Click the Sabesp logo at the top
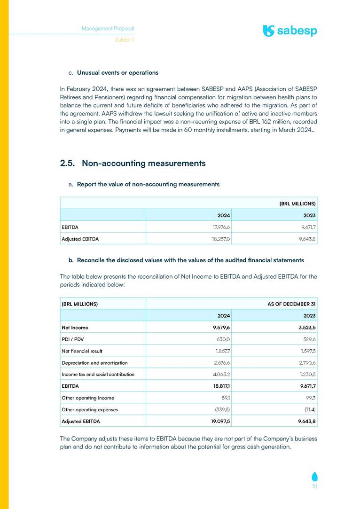[x=290, y=31]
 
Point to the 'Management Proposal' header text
[x=108, y=28]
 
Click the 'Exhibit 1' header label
[x=125, y=40]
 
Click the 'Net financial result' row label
[x=82, y=351]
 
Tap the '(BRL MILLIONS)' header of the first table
[x=297, y=204]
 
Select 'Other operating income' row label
[x=88, y=398]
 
